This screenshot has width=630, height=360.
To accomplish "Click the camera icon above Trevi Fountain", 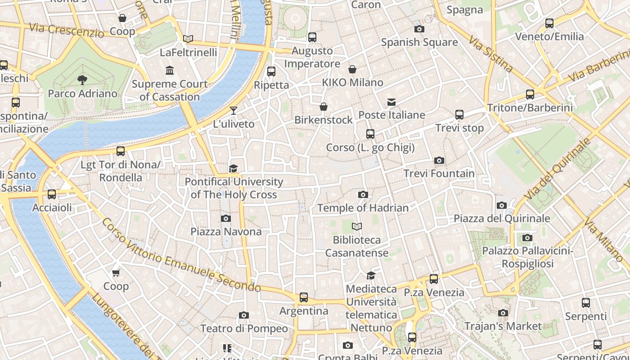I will pyautogui.click(x=439, y=161).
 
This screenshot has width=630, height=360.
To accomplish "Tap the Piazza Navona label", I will pyautogui.click(x=226, y=232).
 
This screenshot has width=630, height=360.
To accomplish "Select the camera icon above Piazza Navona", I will pyautogui.click(x=226, y=219).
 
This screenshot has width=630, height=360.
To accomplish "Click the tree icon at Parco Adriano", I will pyautogui.click(x=82, y=80).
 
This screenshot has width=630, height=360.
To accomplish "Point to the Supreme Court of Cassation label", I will pyautogui.click(x=170, y=90).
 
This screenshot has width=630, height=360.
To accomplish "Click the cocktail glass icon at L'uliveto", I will pyautogui.click(x=233, y=111).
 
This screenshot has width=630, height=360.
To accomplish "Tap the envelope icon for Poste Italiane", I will pyautogui.click(x=391, y=102).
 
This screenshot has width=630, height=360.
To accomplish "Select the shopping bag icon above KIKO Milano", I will pyautogui.click(x=352, y=69).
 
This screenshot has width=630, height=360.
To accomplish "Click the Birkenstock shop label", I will pyautogui.click(x=324, y=120).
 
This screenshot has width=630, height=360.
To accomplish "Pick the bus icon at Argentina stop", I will pyautogui.click(x=304, y=297).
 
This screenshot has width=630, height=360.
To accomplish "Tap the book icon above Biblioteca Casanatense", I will pyautogui.click(x=357, y=226).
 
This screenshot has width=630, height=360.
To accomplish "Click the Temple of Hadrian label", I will pyautogui.click(x=363, y=208).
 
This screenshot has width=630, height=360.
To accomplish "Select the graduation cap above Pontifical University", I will pyautogui.click(x=233, y=169).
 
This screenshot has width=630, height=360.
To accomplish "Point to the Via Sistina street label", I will pyautogui.click(x=490, y=55).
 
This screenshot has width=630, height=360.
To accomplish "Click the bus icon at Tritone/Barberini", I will pyautogui.click(x=530, y=94).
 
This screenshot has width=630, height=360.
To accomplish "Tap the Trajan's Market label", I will pyautogui.click(x=503, y=326).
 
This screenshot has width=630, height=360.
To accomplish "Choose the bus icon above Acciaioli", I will pyautogui.click(x=52, y=194).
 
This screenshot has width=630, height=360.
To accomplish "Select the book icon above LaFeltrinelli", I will pyautogui.click(x=188, y=39).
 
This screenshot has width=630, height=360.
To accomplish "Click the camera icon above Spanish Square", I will pyautogui.click(x=419, y=29).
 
